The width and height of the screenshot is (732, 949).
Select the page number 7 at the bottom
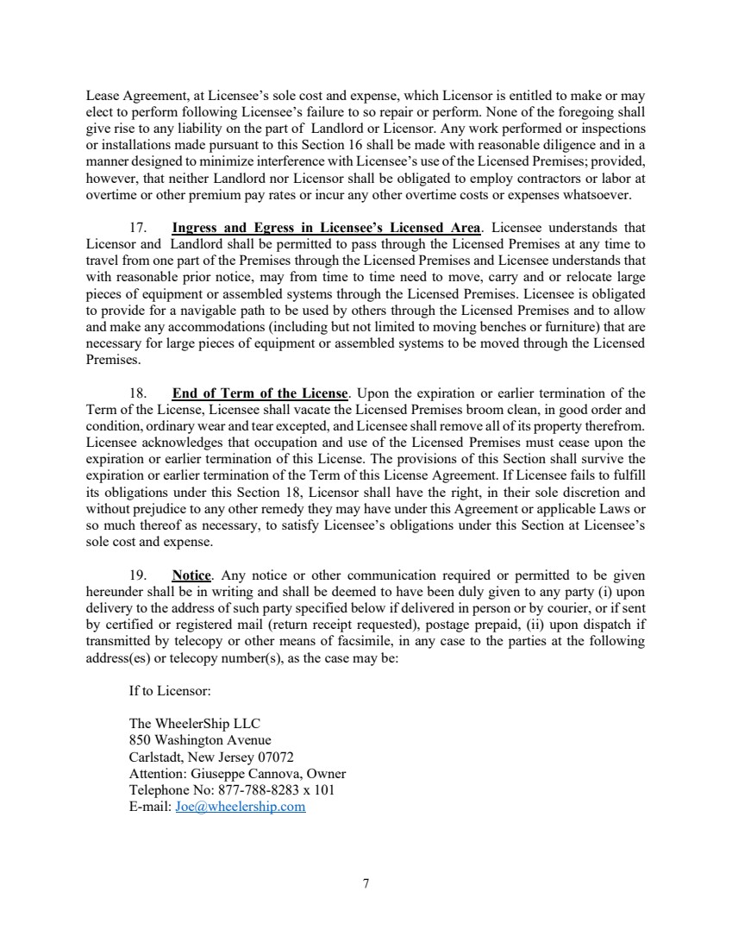pyautogui.click(x=366, y=883)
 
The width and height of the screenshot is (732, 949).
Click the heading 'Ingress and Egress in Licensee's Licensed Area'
pyautogui.click(x=326, y=228)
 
